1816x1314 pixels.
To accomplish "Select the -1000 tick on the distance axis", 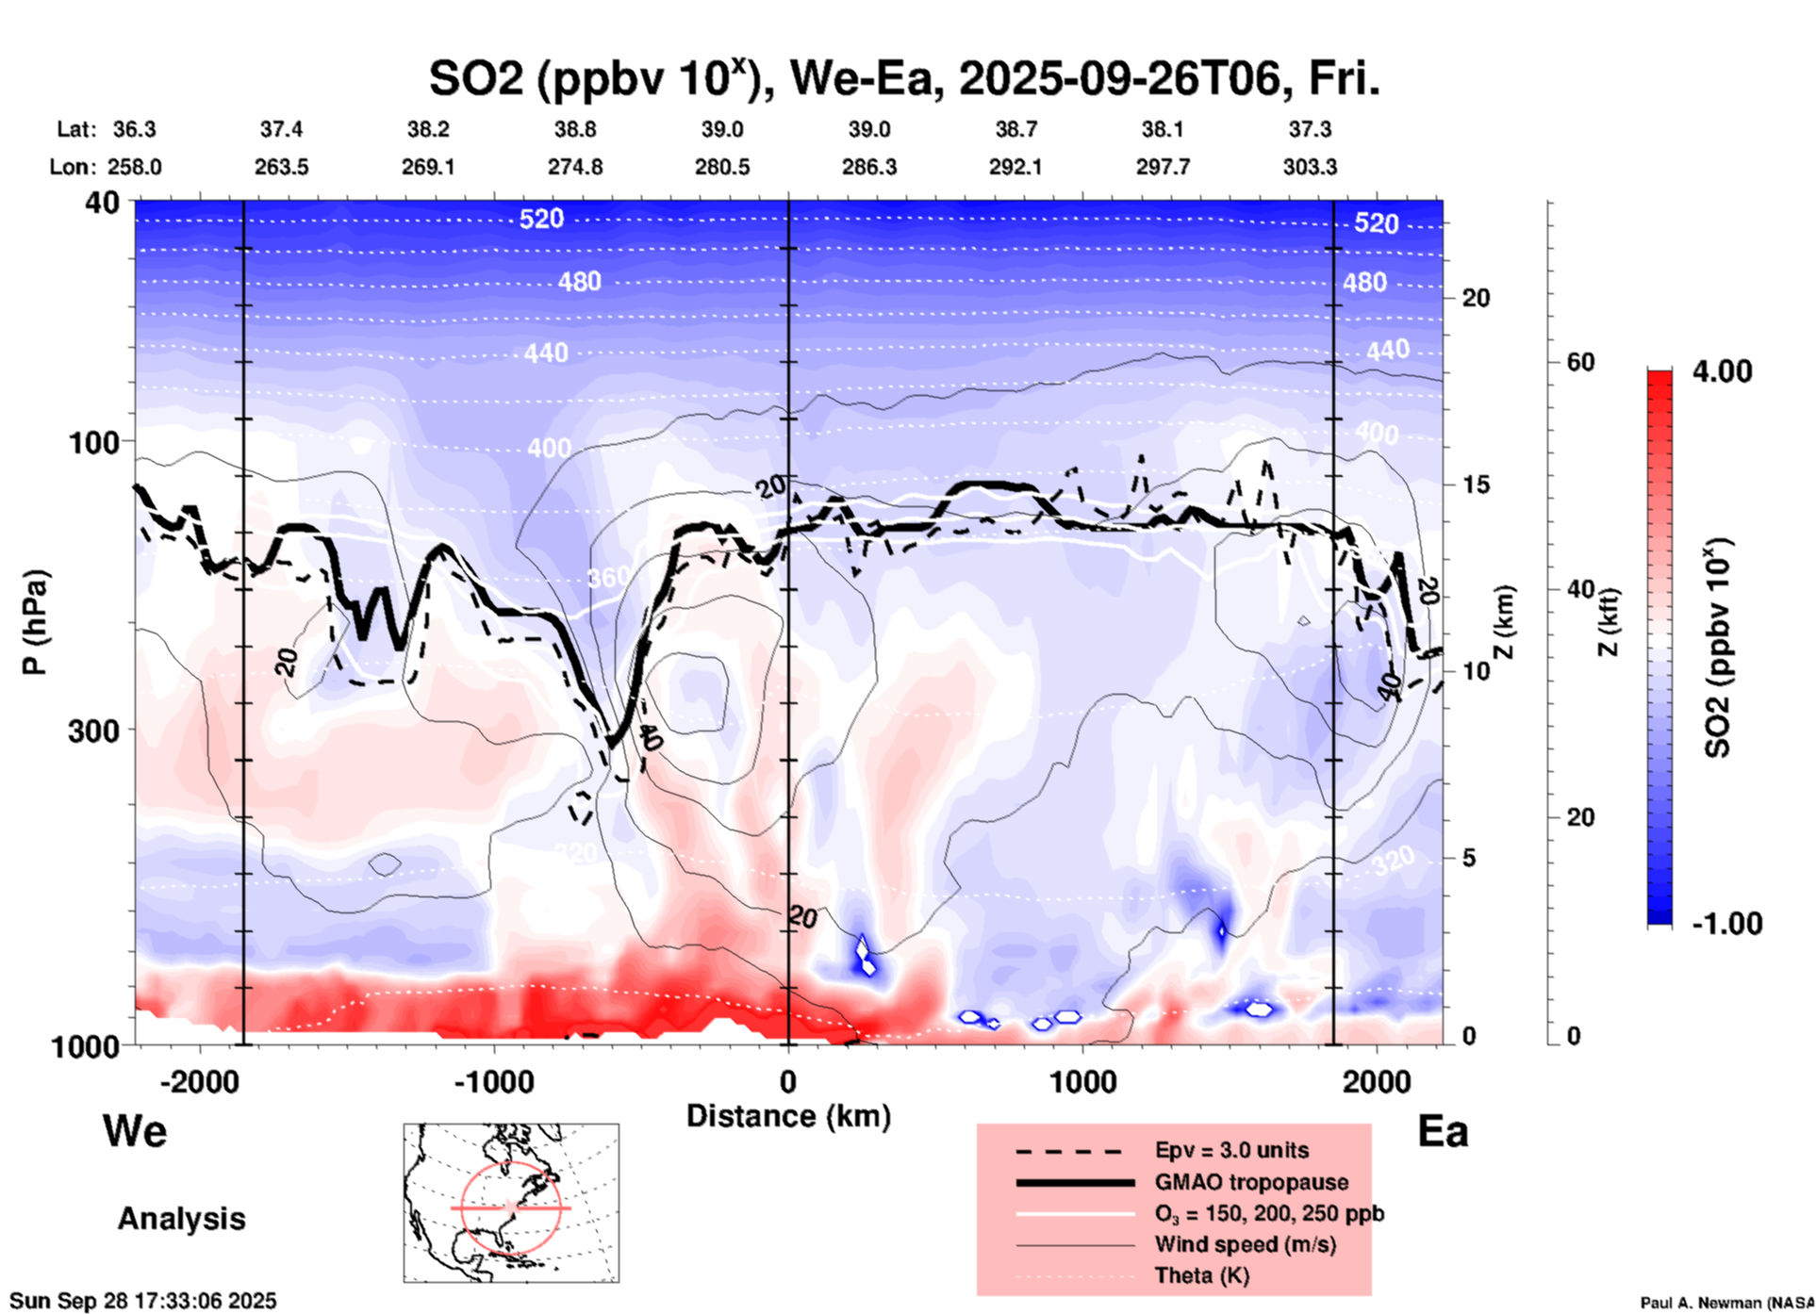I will coord(493,1082).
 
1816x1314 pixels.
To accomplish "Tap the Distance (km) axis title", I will coord(788,1116).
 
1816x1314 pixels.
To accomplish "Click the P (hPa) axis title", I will coord(36,622).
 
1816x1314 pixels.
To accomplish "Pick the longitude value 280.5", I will coord(722,168).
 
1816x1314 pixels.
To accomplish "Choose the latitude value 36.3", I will coord(134,129).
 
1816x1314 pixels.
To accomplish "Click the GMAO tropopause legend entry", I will coord(1251,1182).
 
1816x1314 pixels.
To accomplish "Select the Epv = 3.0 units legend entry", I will coord(1231,1151).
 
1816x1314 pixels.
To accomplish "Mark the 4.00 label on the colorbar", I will coord(1722,371).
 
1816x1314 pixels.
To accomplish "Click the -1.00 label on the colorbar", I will coord(1726,924).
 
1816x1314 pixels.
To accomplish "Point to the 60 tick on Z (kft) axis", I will coord(1579,363).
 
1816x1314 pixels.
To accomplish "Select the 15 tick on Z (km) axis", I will coord(1476,485).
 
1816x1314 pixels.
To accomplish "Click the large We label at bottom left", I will coord(135,1131).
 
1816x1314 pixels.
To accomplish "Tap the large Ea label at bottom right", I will coord(1443,1132).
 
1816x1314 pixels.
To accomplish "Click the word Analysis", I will coord(181,1219).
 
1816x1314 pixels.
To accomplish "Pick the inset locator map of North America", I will coord(511,1203).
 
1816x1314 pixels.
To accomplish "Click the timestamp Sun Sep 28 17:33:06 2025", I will coord(143,1302).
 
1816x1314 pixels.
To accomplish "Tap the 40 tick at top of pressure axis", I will coord(103,203).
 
